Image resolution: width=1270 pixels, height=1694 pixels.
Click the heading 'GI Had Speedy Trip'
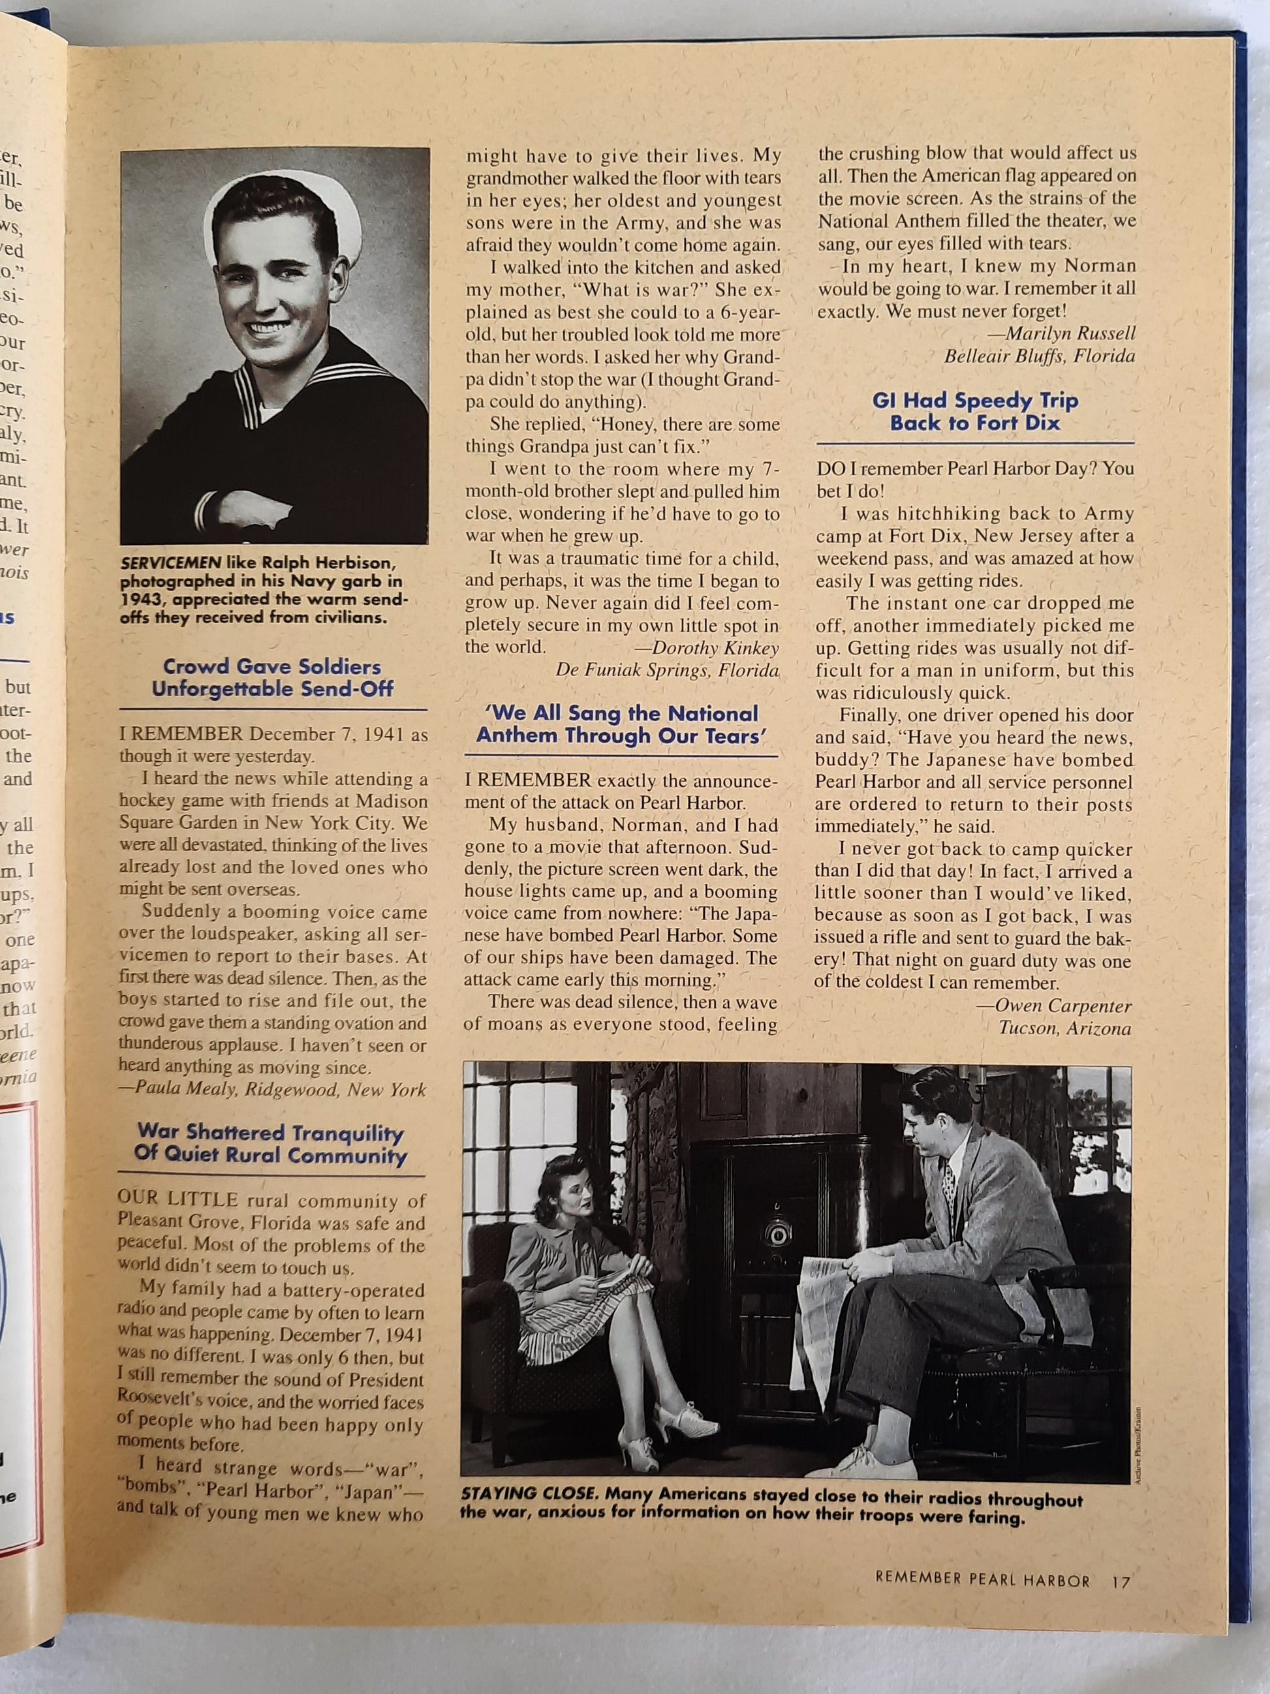click(x=975, y=401)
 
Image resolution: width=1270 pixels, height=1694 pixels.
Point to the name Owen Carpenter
click(x=1063, y=1006)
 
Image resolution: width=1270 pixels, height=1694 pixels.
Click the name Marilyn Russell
click(x=1070, y=334)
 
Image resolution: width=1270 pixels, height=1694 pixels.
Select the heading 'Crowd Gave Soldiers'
click(x=272, y=666)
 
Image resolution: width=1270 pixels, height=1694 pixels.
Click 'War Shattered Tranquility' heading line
click(x=270, y=1132)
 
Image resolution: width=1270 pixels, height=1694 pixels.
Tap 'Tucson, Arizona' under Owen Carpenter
click(x=1064, y=1028)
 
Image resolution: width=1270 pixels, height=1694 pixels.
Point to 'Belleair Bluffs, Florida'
click(x=1040, y=356)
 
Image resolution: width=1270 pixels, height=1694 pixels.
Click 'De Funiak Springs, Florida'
click(x=666, y=671)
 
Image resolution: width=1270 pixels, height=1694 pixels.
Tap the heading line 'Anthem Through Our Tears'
click(x=621, y=736)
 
